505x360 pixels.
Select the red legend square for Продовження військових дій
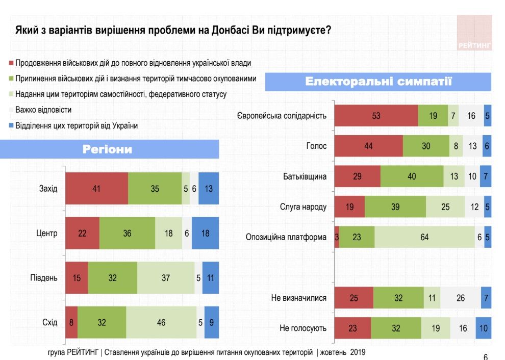coord(11,64)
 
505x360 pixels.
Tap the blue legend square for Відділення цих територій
coord(11,125)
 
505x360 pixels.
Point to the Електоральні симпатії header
coord(378,82)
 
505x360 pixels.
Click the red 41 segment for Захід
coord(96,189)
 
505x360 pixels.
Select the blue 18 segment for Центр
coord(206,233)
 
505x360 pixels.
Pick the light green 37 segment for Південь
coord(166,278)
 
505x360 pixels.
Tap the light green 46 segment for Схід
coord(161,322)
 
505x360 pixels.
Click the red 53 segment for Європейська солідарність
coord(376,116)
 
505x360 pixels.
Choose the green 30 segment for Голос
coord(426,146)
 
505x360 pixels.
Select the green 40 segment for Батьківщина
coord(412,176)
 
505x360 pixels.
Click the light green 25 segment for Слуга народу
coord(445,207)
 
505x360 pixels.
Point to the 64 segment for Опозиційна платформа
coord(424,237)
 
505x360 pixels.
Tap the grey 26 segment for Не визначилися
coord(460,298)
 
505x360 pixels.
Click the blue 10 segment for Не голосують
coord(483,328)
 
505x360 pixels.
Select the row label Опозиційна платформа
coord(286,237)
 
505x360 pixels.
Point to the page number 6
coord(485,357)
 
